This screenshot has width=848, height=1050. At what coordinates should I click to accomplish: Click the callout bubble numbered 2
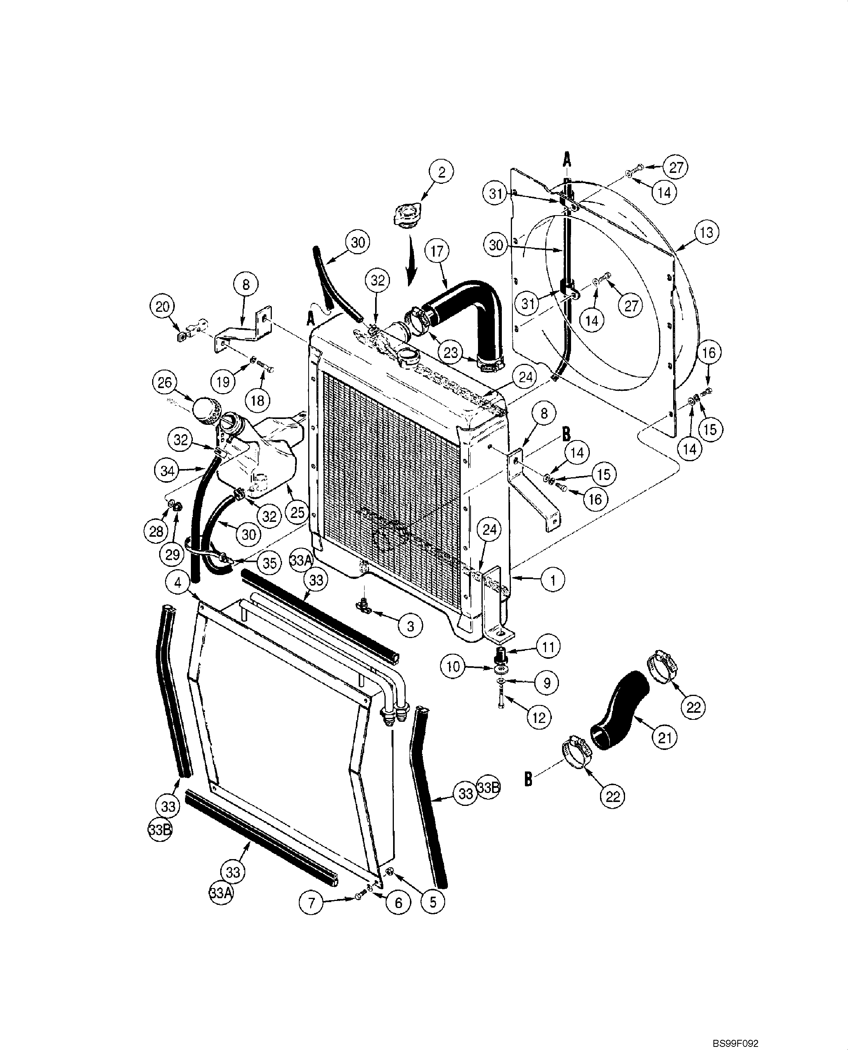(441, 172)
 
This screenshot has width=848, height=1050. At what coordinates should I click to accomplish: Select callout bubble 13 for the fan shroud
(706, 233)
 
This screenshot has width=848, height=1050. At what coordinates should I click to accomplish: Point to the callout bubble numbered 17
(437, 251)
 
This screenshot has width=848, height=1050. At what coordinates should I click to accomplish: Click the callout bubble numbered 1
(552, 580)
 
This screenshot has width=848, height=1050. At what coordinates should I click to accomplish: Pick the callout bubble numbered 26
(165, 382)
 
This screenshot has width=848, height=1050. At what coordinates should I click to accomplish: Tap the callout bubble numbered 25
(297, 512)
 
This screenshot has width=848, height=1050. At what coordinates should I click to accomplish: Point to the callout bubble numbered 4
(178, 583)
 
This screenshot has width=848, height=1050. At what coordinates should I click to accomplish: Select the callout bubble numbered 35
(269, 563)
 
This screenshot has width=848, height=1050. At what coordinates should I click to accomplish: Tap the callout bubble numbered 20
(162, 307)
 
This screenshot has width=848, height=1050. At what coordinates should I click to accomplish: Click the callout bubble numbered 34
(167, 471)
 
